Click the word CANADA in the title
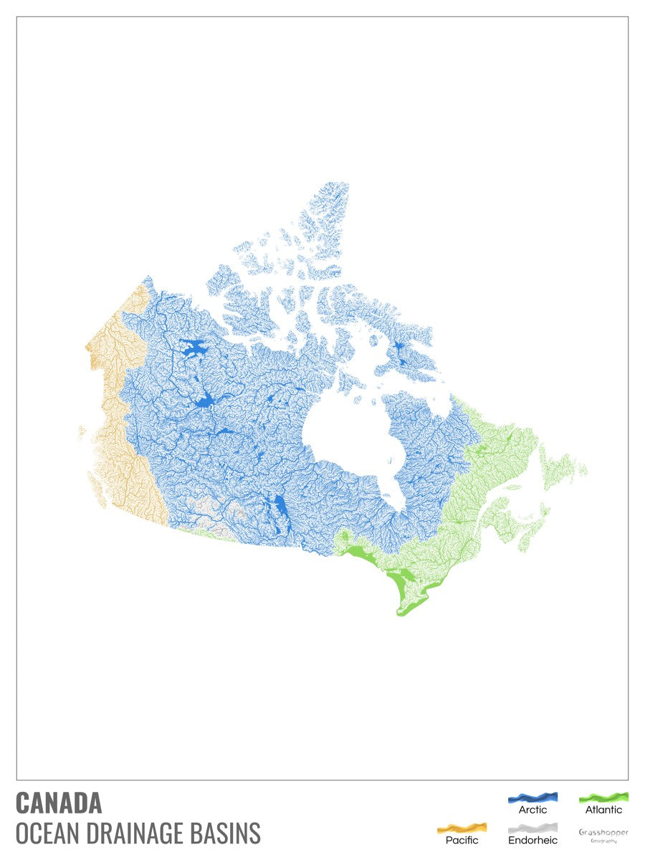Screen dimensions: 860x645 point(59,803)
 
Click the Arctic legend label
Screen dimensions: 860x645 point(532,810)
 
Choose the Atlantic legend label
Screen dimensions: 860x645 point(603,810)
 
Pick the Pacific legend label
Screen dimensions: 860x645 point(462,839)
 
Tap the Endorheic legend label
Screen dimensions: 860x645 point(532,839)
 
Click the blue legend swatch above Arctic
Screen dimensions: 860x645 point(532,797)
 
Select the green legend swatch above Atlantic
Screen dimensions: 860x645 point(603,796)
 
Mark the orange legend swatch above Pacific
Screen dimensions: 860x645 point(462,827)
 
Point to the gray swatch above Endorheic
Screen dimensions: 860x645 point(532,827)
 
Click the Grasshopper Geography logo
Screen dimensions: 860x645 point(603,835)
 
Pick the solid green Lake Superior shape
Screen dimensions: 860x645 point(362,555)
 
